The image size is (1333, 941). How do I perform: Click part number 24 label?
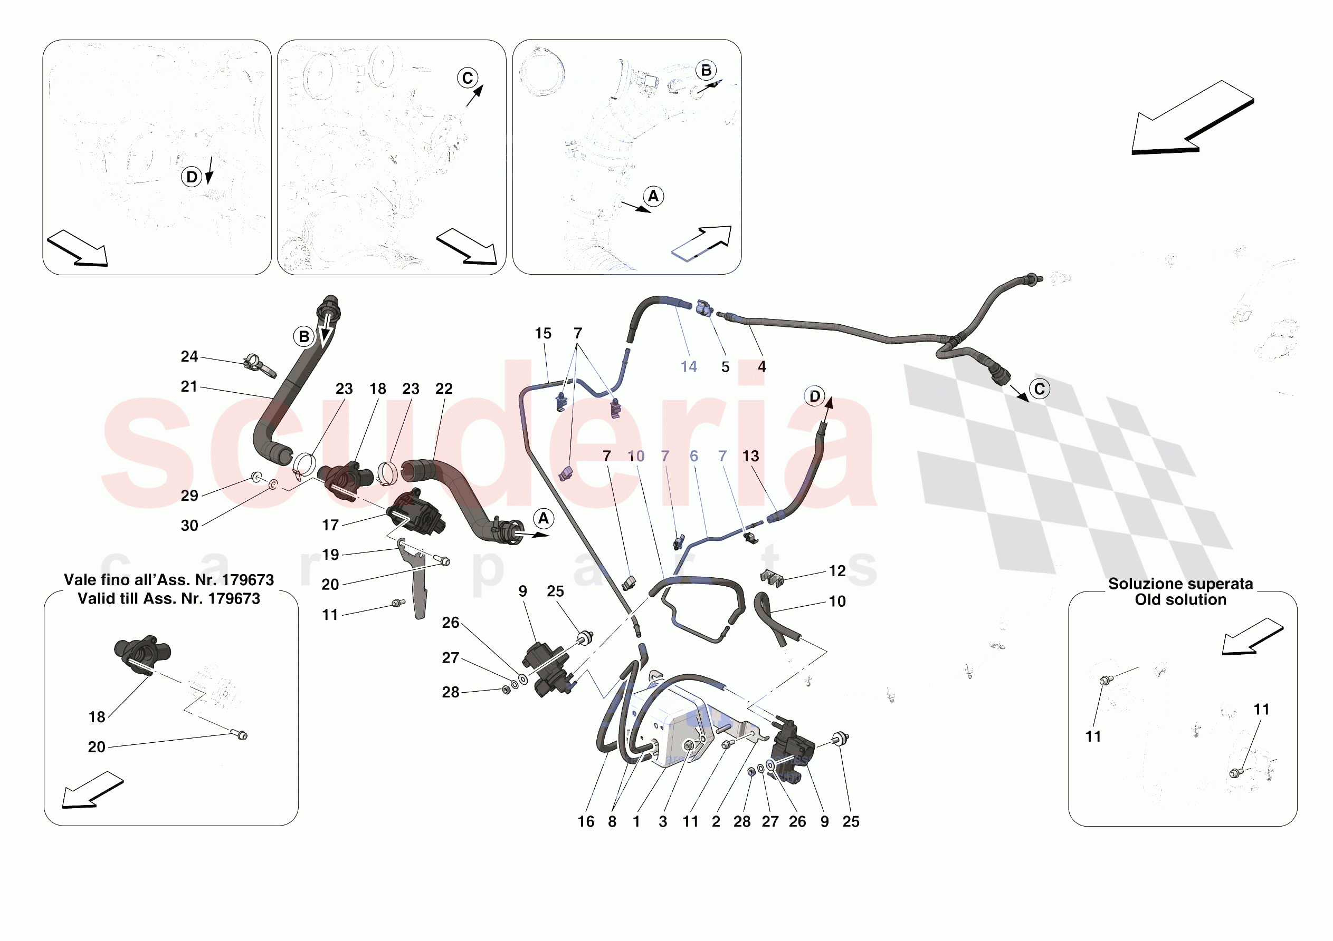pos(189,356)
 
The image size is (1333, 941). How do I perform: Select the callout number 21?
pos(189,386)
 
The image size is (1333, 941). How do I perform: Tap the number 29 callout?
pos(189,496)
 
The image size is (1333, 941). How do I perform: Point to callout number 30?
pos(189,526)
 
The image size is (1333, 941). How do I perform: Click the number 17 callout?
pos(330,525)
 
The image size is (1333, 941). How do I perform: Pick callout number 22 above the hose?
pos(444,389)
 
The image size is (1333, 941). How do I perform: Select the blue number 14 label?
pos(689,367)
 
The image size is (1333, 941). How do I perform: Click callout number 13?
pos(751,456)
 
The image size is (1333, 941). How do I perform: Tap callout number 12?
pos(837,571)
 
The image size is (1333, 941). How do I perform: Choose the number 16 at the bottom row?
pos(586,821)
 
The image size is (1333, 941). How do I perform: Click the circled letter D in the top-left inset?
pos(192,177)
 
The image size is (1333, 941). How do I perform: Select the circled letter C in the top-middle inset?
pos(468,77)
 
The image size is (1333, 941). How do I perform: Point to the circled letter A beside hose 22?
pos(544,518)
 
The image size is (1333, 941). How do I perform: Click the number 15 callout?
pos(544,333)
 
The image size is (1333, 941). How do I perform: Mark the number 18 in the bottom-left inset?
pos(97,717)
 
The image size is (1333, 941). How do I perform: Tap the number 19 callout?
pos(330,555)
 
